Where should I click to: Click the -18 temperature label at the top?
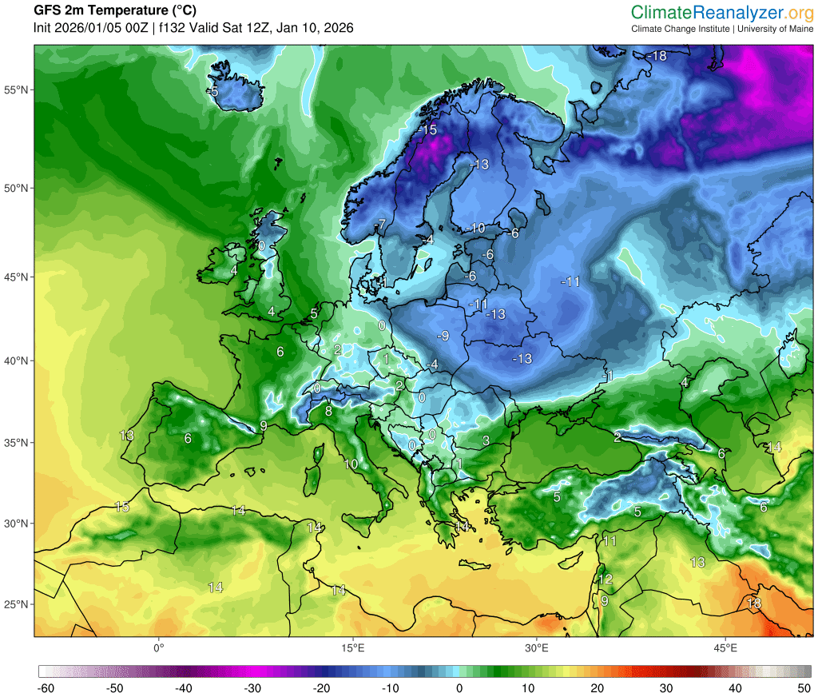657,56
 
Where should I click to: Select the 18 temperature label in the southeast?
753,603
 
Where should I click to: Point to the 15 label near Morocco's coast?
122,507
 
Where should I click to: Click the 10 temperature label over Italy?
351,464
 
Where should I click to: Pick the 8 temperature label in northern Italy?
328,412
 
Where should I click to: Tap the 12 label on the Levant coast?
606,579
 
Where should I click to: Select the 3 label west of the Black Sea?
485,440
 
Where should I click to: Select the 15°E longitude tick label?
353,647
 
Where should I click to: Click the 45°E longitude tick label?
725,647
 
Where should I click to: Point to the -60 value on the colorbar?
47,687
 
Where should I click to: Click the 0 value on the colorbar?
459,687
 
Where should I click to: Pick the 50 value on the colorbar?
804,687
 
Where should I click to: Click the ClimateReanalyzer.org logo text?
722,12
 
